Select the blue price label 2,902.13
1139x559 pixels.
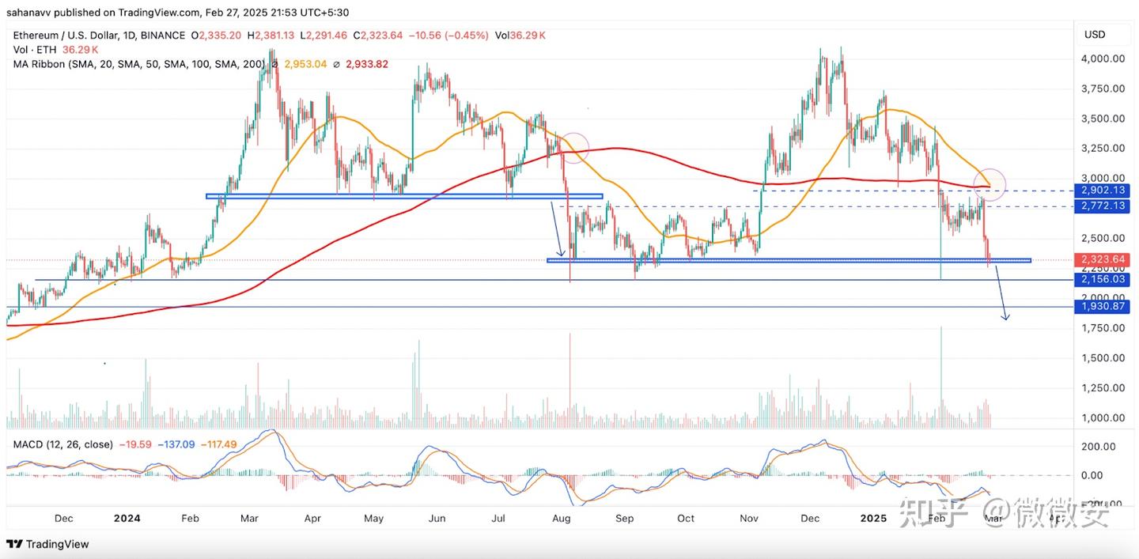tap(1103, 191)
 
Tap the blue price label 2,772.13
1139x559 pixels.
tap(1103, 206)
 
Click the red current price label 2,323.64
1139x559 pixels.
tap(1103, 259)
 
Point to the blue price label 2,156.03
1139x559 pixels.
tap(1103, 280)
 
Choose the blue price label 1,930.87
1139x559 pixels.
tap(1103, 307)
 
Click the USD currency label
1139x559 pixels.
tap(1095, 35)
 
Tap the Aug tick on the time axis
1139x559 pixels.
tap(562, 519)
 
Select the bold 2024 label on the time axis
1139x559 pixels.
tap(127, 519)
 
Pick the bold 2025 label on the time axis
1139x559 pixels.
tap(874, 519)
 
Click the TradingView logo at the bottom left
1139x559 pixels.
tap(47, 544)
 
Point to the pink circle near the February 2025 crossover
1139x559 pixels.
tap(990, 183)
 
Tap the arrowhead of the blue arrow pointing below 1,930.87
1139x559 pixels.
tap(1005, 318)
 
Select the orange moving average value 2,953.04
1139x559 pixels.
tap(305, 64)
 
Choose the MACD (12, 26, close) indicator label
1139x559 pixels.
tap(63, 444)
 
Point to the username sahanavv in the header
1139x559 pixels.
tap(30, 13)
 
